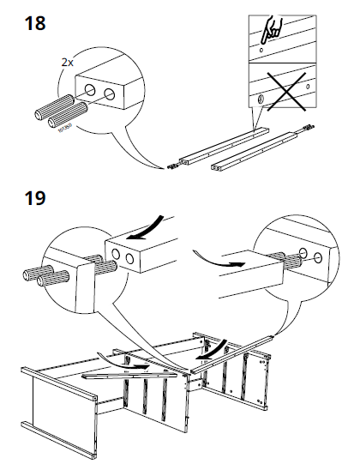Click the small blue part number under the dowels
65,130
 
